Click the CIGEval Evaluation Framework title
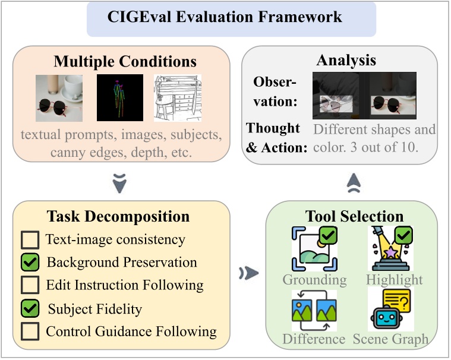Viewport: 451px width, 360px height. (x=225, y=16)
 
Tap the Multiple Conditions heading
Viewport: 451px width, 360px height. (x=125, y=61)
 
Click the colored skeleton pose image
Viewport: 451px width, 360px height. (x=120, y=97)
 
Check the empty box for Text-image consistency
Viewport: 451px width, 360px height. (x=29, y=240)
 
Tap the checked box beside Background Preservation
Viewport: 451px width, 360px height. (x=29, y=262)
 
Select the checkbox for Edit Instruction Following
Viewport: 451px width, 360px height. (x=29, y=285)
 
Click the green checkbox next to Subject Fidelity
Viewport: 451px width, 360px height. (x=29, y=308)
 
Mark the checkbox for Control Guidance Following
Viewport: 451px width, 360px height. (x=29, y=331)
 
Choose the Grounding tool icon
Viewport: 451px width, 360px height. (x=313, y=248)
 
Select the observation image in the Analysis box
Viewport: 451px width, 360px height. (x=364, y=96)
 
